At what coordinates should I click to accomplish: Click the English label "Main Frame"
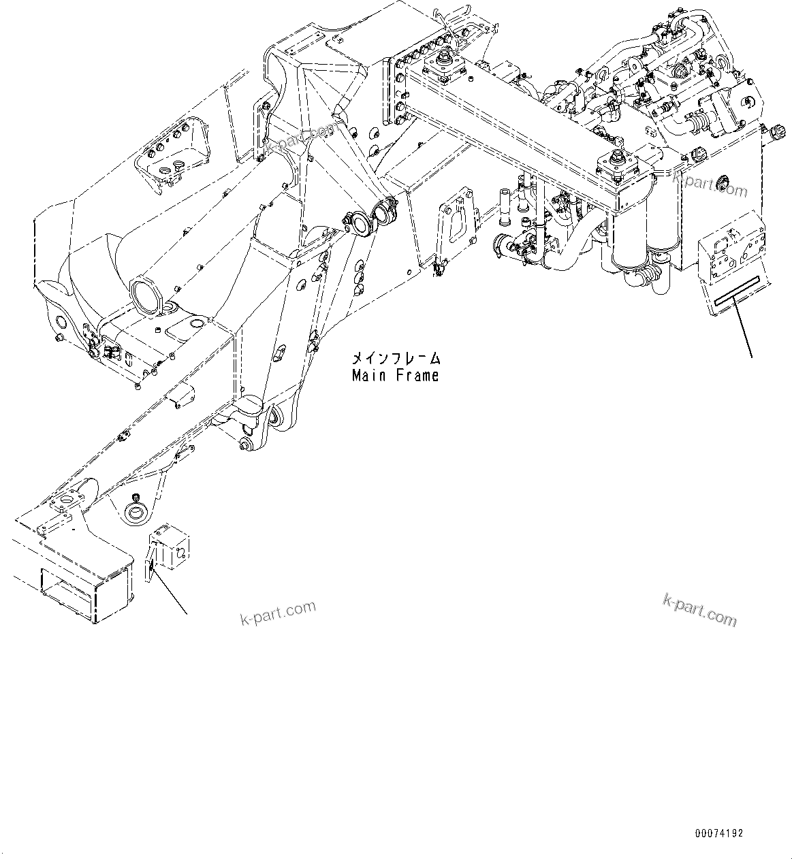click(x=396, y=375)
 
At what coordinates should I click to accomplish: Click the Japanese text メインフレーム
click(x=396, y=358)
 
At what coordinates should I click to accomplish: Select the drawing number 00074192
click(x=719, y=833)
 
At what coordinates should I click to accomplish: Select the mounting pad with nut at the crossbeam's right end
click(x=618, y=167)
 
